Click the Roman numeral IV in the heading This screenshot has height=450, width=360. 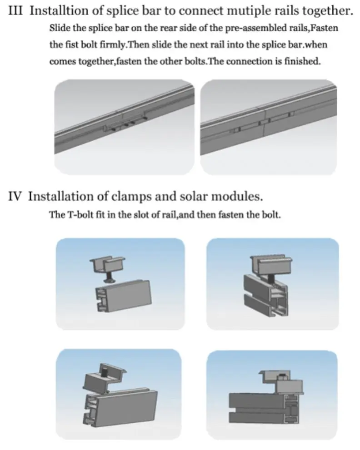tap(15, 196)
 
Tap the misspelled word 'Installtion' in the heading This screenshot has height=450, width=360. tap(59, 10)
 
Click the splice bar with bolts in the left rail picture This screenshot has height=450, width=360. tap(125, 124)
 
